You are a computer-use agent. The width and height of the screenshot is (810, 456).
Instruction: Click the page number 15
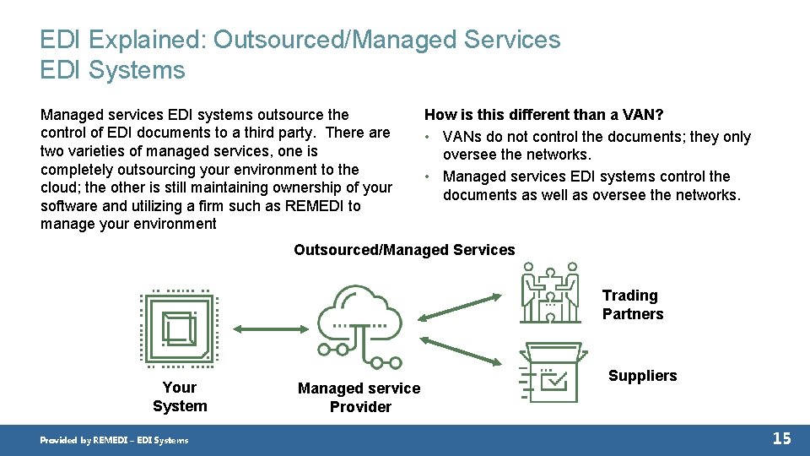pos(781,438)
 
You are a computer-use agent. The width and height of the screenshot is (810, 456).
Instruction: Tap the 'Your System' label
pos(180,397)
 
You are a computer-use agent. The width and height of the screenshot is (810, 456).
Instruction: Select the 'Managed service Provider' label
pos(359,398)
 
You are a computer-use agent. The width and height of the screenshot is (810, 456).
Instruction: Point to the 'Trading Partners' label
pos(633,305)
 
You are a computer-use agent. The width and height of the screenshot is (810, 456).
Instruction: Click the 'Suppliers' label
pos(642,376)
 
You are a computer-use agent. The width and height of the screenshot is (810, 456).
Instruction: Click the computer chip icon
pos(180,328)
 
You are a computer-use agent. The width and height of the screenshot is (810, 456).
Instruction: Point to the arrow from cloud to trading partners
pos(461,306)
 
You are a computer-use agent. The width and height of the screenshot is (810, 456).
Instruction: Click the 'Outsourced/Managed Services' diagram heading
pos(404,250)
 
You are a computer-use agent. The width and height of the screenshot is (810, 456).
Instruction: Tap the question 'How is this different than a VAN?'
pos(543,115)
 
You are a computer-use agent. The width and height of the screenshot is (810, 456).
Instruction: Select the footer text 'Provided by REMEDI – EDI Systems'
pos(115,440)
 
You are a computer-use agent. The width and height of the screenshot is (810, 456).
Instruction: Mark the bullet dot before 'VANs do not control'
pos(429,138)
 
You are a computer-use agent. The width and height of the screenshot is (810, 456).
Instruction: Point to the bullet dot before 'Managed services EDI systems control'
pos(429,176)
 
